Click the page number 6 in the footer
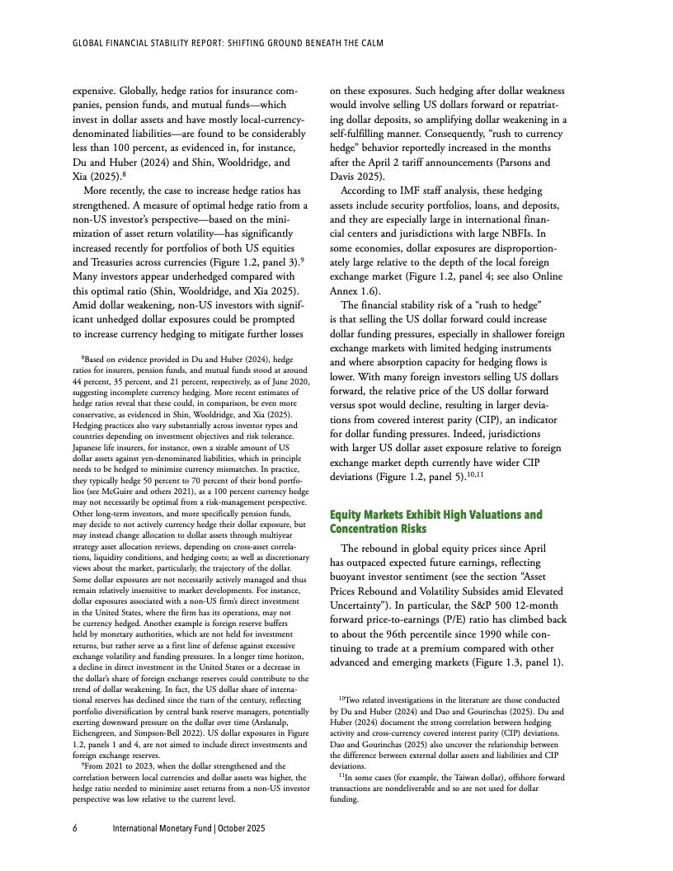click(75, 827)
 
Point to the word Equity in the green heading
click(348, 515)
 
